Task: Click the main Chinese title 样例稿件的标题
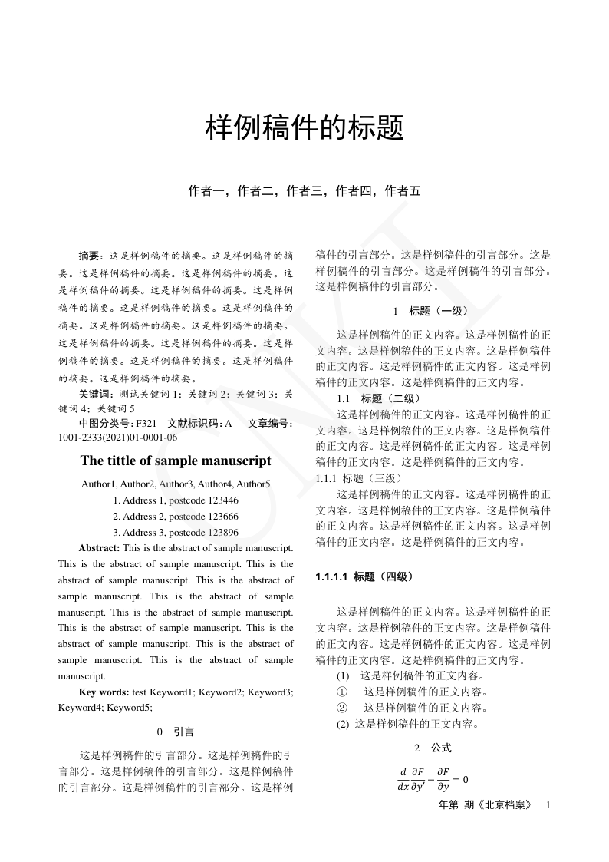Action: (304, 128)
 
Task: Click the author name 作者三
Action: (304, 191)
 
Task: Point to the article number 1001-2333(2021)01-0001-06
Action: (117, 438)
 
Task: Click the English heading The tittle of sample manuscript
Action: (176, 461)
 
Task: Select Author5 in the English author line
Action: (253, 484)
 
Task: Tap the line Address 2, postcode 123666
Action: (176, 516)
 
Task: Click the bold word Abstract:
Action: (99, 548)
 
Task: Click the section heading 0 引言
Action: (176, 732)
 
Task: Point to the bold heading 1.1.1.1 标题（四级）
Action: (364, 576)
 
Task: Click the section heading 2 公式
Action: (433, 748)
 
